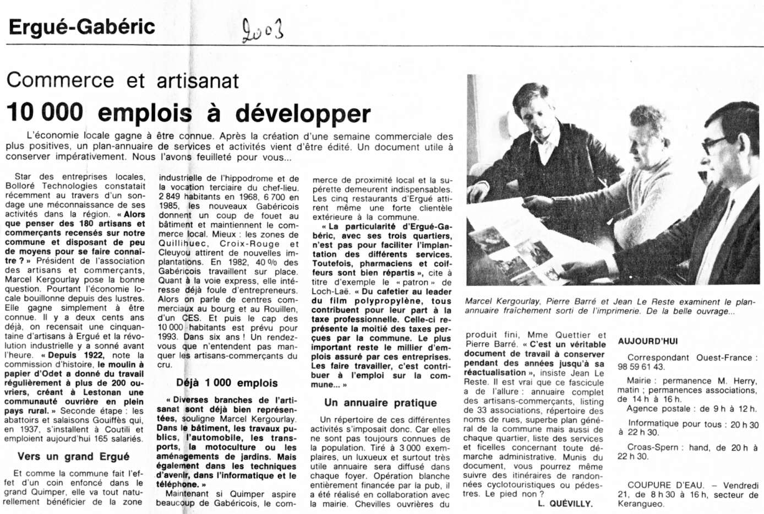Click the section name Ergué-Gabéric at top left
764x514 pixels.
pos(82,26)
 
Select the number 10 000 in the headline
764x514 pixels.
pos(45,112)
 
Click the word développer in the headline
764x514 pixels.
pos(303,113)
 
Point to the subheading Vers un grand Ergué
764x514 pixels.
pos(74,456)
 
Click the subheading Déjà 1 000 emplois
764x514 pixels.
pos(227,383)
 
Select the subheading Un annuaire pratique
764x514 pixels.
pos(380,403)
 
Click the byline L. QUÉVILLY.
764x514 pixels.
pos(565,504)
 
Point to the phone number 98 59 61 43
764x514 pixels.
pos(641,367)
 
